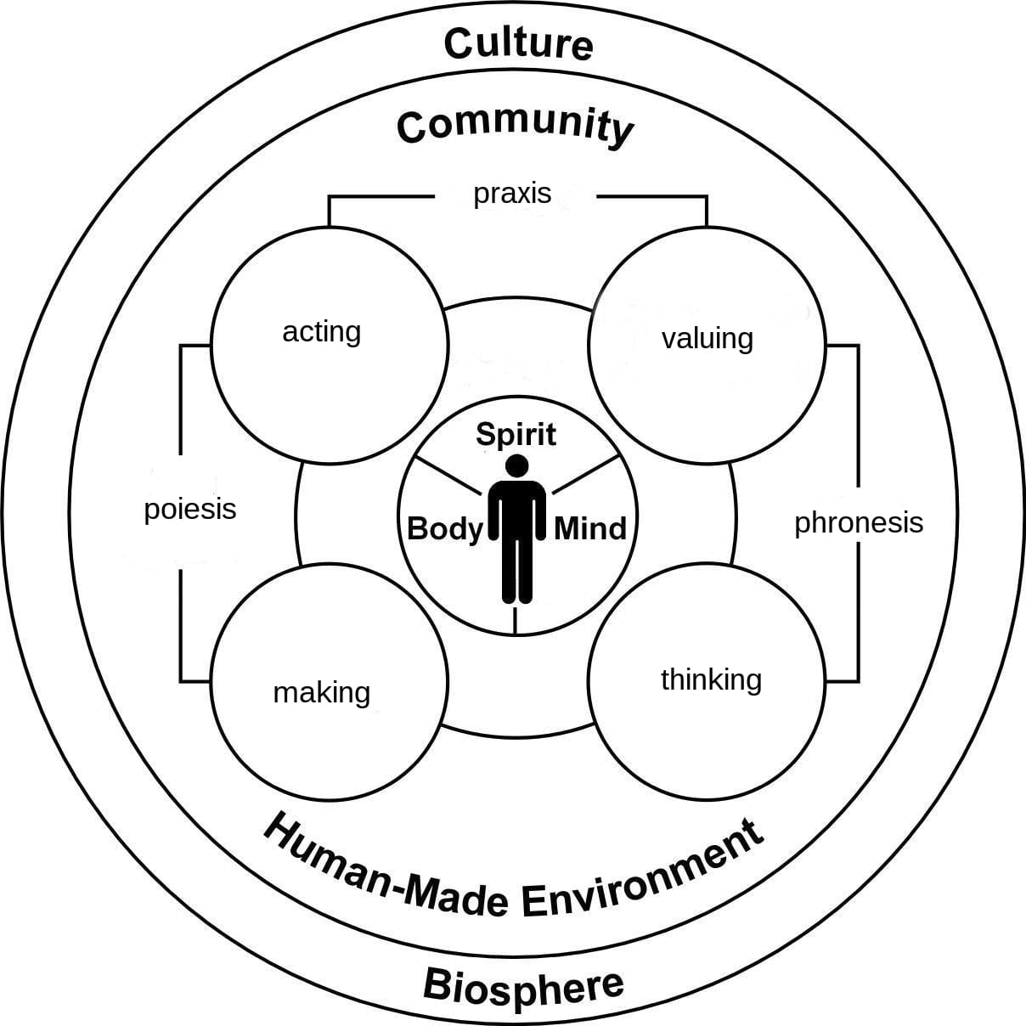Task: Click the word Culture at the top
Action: click(517, 43)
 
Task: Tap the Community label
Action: click(515, 126)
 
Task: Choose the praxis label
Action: click(512, 194)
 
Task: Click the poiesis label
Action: click(190, 510)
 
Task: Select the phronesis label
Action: click(858, 522)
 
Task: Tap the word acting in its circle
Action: click(321, 331)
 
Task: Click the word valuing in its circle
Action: click(707, 338)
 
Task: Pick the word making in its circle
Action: click(321, 692)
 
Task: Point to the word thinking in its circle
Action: click(711, 679)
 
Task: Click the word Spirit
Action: click(516, 435)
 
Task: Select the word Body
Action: click(444, 528)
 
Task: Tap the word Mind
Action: click(589, 528)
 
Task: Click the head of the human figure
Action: click(516, 465)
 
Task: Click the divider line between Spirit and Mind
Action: click(588, 476)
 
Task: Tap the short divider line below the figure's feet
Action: click(516, 619)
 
